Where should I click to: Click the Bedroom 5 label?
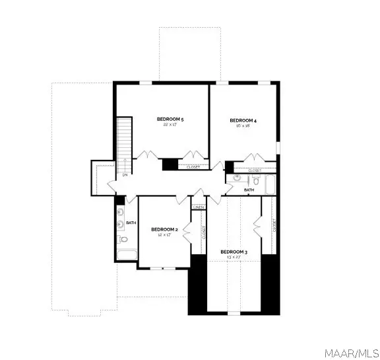click(x=170, y=119)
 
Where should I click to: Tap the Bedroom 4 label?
click(x=243, y=120)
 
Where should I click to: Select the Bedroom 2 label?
click(x=162, y=229)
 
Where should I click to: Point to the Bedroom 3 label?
click(x=234, y=252)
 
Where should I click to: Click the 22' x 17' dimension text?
click(x=170, y=125)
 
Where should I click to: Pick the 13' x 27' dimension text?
click(x=234, y=258)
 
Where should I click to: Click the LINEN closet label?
click(x=199, y=207)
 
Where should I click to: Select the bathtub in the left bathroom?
click(x=125, y=255)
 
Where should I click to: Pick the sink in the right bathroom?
click(x=236, y=178)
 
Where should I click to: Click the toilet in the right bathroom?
click(x=255, y=180)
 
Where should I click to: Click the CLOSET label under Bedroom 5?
click(x=193, y=167)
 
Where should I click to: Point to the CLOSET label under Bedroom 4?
click(x=255, y=170)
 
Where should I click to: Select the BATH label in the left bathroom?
click(x=131, y=223)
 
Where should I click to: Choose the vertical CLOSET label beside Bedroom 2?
click(x=204, y=233)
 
